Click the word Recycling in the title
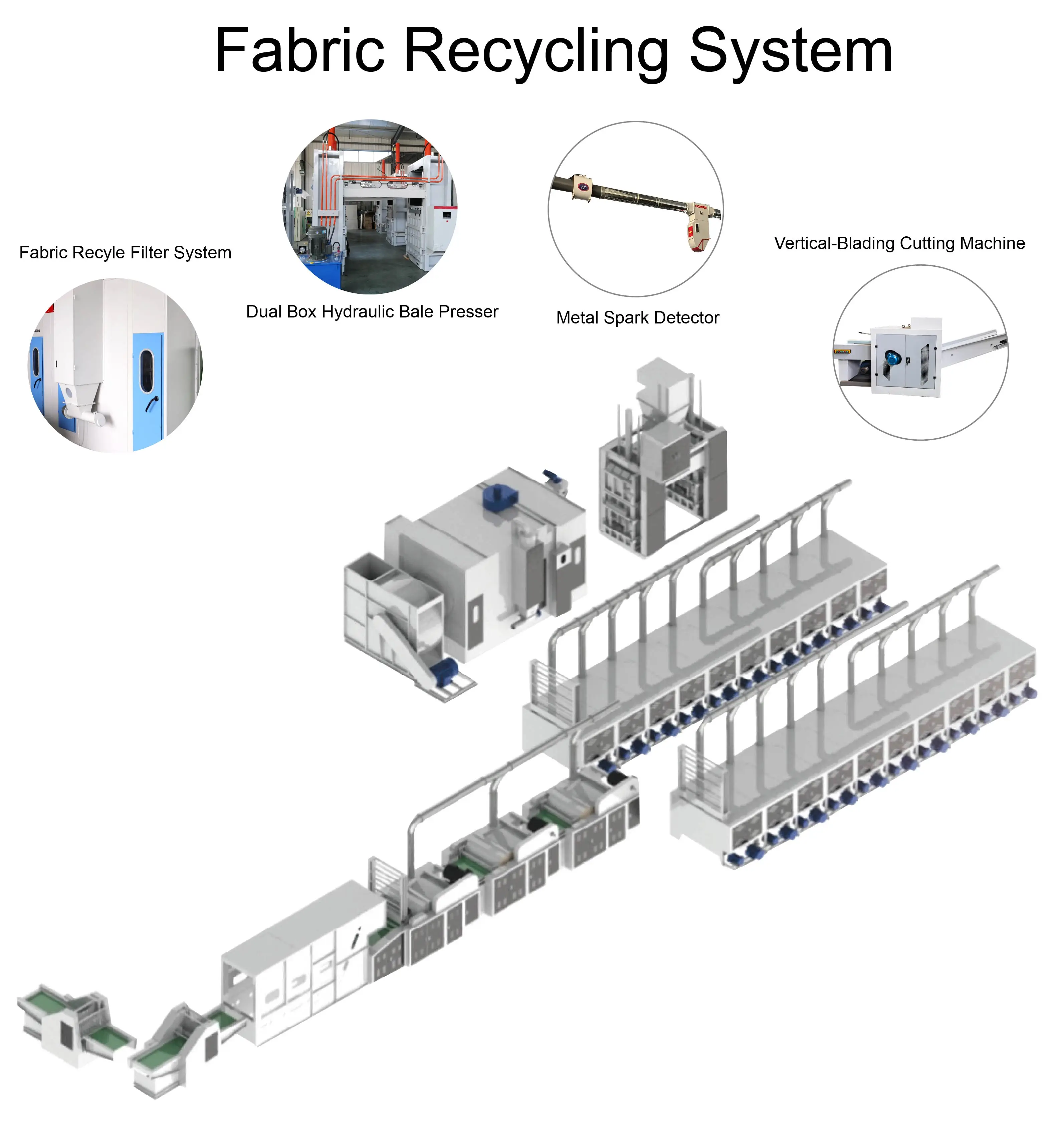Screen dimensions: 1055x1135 point(536,52)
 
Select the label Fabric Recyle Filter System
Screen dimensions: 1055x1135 point(125,253)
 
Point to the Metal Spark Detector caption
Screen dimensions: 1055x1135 point(638,318)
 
